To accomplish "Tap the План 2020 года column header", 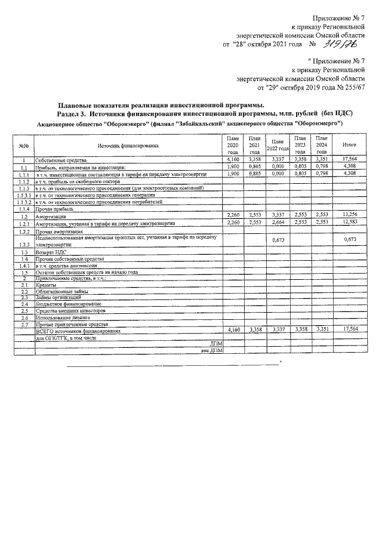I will [x=233, y=145].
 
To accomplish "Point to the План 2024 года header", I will [x=322, y=145].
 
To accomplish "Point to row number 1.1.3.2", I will [x=24, y=202].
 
